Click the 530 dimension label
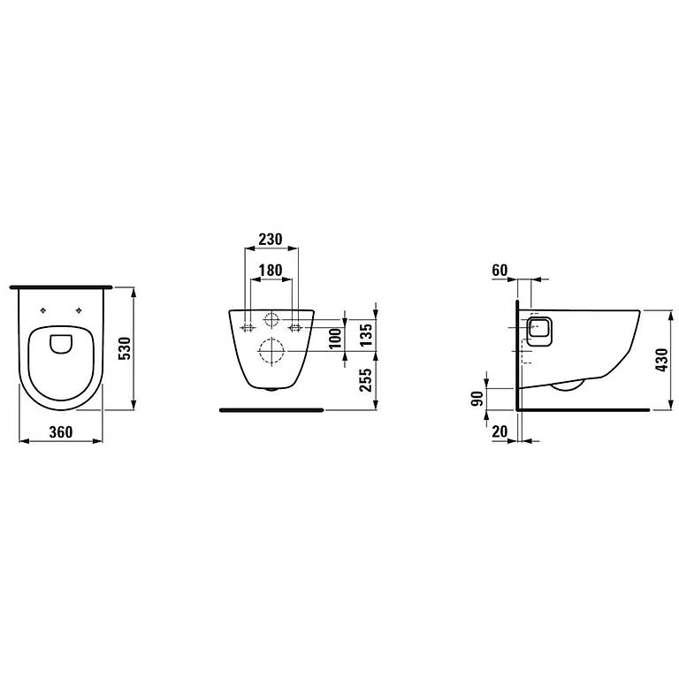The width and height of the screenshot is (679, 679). point(125,348)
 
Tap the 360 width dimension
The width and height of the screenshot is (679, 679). point(61,431)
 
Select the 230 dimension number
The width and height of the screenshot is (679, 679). point(271,239)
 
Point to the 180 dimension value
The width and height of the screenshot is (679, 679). point(271,271)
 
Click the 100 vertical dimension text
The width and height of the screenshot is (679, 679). point(335,339)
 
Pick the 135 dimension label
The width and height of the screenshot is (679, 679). point(366,335)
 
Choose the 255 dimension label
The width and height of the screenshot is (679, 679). point(366,380)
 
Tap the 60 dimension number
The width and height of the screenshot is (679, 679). point(500,271)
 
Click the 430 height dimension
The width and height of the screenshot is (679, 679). point(661,360)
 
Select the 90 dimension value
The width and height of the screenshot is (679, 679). point(477,399)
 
